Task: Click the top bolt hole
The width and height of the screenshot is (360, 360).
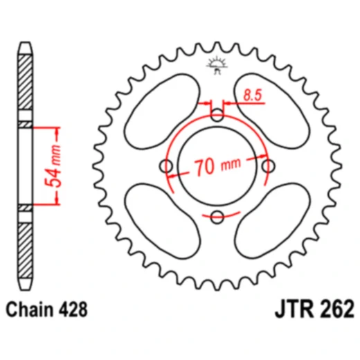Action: [217, 116]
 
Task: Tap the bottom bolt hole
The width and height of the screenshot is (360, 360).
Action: [217, 217]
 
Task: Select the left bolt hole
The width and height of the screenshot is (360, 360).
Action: [166, 166]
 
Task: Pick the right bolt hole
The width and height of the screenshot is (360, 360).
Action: [267, 166]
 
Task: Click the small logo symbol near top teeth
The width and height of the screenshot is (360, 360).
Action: [217, 66]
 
